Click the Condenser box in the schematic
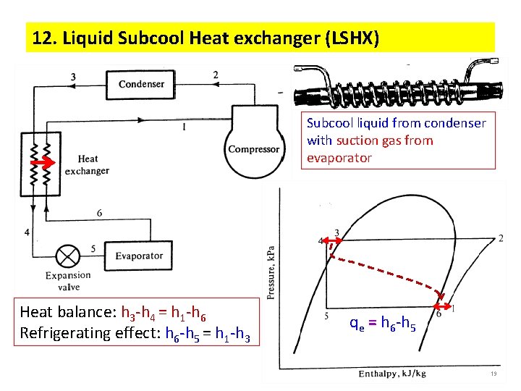[141, 84]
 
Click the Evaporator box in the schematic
[139, 256]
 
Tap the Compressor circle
[253, 148]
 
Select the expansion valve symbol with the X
[68, 257]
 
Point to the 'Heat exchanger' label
[87, 165]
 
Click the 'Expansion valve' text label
[68, 281]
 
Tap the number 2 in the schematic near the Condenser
[215, 75]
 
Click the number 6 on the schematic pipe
[98, 213]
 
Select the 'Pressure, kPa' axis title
[271, 271]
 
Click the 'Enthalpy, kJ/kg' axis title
[392, 374]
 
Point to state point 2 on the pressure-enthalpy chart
[501, 238]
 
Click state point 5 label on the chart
[326, 316]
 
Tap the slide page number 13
[493, 374]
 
